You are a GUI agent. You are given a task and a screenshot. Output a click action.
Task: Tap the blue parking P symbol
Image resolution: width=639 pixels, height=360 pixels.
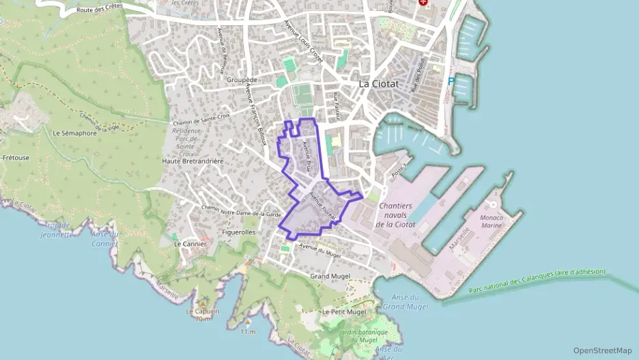[x=451, y=81]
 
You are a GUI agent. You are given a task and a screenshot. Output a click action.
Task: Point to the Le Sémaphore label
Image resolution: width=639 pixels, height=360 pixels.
[x=74, y=133]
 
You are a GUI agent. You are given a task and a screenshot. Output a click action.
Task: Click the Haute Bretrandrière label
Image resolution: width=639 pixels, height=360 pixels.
[x=193, y=161]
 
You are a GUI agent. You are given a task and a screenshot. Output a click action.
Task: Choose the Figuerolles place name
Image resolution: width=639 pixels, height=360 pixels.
[x=239, y=232]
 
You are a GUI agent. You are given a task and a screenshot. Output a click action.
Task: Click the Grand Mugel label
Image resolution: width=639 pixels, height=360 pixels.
[x=330, y=276]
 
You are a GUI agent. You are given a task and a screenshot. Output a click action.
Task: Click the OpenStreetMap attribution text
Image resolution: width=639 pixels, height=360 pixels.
[x=602, y=350]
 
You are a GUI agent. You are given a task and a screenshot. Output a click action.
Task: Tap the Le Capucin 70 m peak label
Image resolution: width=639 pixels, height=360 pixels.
[x=203, y=315]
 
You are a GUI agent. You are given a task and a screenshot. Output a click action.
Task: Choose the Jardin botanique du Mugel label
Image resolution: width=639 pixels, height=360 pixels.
[x=363, y=336]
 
